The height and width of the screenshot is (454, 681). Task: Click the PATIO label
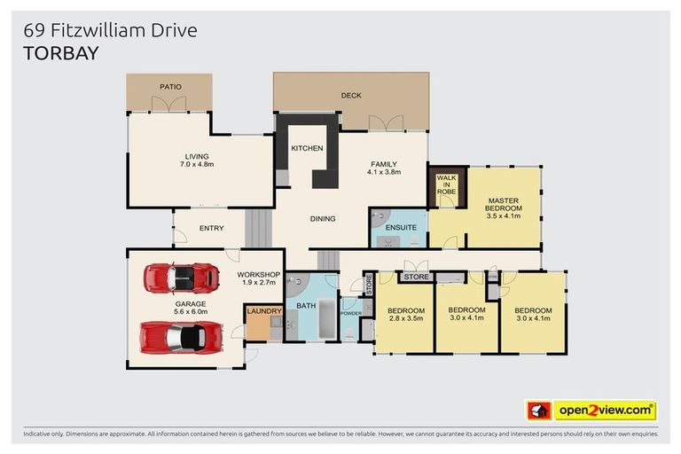[x=170, y=87]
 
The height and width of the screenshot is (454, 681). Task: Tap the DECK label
[x=351, y=96]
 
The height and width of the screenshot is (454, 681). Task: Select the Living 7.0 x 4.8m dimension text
[x=197, y=165]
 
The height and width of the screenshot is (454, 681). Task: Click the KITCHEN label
[x=307, y=148]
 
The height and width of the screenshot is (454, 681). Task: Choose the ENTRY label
[x=211, y=228]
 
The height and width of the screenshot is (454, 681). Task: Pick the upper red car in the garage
[x=182, y=278]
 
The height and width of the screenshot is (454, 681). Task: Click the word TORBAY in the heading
[x=61, y=53]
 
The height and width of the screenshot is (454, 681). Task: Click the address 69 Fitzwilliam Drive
[x=111, y=31]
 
